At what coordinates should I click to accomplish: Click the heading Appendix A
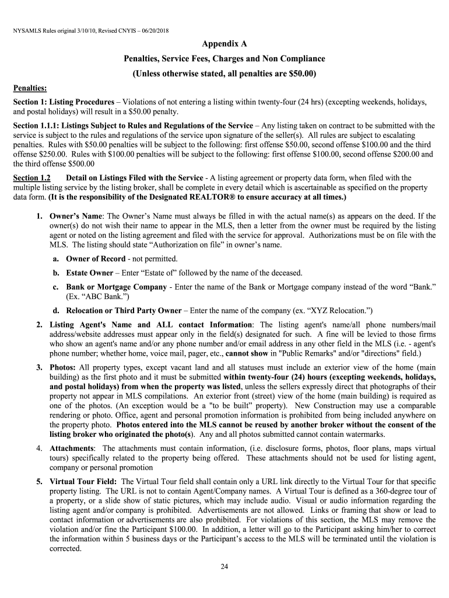tap(224, 44)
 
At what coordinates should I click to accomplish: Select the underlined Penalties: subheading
tap(30, 88)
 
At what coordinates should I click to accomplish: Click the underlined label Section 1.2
tap(32, 178)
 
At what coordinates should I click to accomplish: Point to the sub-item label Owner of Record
tap(96, 259)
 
